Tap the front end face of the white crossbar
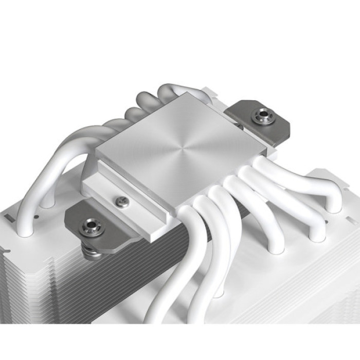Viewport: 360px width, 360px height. (154, 222)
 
